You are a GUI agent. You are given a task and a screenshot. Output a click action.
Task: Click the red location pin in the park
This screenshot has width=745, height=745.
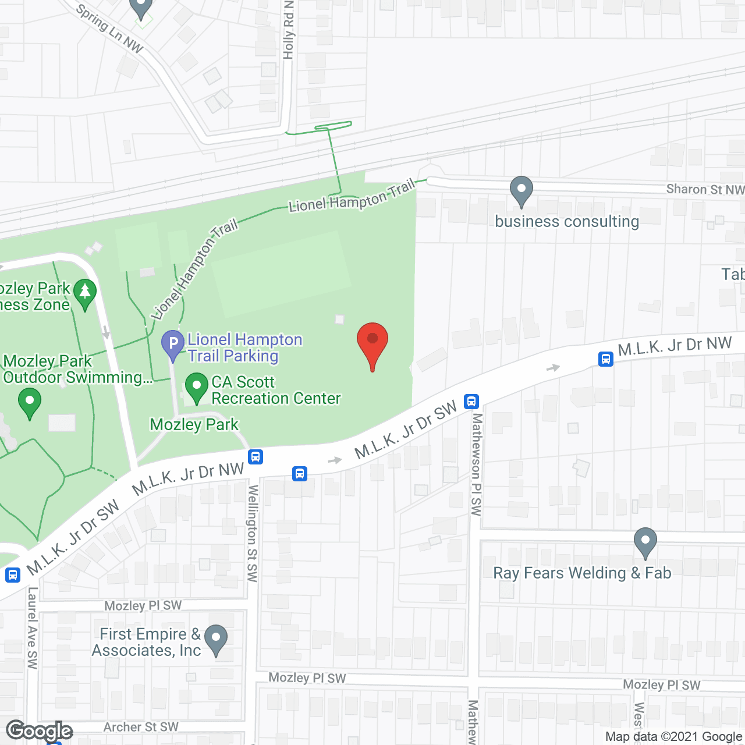click(372, 340)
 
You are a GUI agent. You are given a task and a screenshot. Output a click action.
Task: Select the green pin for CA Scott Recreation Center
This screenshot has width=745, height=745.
click(197, 387)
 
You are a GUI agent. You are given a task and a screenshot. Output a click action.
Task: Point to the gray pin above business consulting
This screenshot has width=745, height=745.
click(521, 190)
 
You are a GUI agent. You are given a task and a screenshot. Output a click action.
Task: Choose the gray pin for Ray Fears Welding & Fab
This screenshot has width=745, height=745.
click(645, 542)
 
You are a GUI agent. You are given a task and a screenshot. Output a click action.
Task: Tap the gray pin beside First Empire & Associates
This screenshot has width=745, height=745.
click(216, 639)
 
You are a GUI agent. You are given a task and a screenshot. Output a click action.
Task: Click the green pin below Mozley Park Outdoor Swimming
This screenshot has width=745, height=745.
click(30, 403)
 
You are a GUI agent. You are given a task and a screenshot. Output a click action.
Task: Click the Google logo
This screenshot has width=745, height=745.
click(40, 730)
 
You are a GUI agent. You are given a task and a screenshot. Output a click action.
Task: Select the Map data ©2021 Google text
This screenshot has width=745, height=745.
click(674, 737)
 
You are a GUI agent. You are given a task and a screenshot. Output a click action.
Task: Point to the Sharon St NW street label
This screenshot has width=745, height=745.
click(705, 189)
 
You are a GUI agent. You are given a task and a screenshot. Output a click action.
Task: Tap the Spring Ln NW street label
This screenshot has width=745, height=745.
click(110, 29)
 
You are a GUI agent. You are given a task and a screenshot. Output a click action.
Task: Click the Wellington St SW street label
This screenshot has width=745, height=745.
click(253, 533)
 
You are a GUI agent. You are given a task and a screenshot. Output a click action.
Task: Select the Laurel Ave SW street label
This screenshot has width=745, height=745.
click(33, 627)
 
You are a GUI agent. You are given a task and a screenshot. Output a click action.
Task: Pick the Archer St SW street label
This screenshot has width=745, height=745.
click(141, 727)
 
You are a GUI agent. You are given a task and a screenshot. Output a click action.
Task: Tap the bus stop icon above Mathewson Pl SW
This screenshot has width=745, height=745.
click(471, 401)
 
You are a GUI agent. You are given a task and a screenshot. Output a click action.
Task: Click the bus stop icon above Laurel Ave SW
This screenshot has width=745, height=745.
click(12, 575)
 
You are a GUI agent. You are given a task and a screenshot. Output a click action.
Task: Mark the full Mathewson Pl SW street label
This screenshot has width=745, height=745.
click(477, 464)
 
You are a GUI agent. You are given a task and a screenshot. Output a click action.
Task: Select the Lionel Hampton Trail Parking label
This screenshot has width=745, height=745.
click(244, 347)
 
